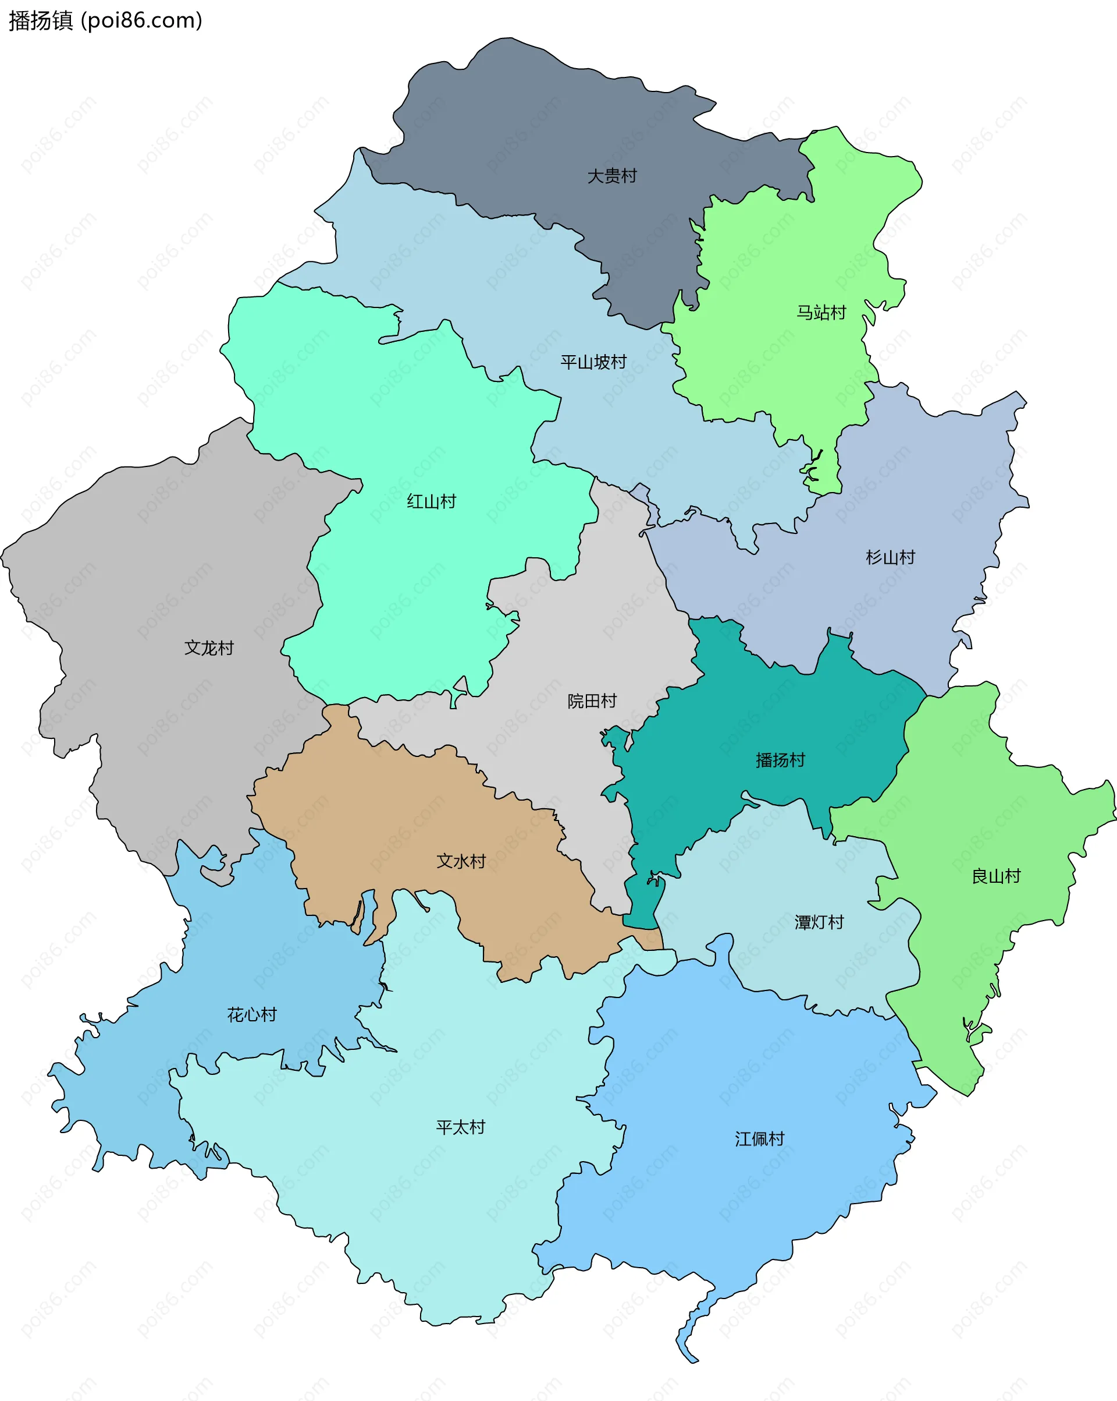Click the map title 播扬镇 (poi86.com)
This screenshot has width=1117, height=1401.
(x=105, y=21)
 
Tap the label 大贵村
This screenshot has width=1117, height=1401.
(x=612, y=176)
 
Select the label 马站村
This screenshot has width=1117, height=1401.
(x=821, y=313)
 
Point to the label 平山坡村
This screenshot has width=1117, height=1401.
(x=593, y=362)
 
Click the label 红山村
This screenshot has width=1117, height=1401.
(x=431, y=502)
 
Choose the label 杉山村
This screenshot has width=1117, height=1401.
(x=890, y=557)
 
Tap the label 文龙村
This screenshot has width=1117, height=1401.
(x=208, y=648)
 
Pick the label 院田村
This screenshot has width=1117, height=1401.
(x=592, y=701)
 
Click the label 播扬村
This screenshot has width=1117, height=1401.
(x=780, y=760)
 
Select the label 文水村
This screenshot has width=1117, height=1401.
(x=461, y=862)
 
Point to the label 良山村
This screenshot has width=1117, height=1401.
(x=995, y=876)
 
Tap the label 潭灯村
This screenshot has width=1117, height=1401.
(x=819, y=923)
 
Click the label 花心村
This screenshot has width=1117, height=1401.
(x=252, y=1015)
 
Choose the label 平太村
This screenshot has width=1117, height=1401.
(x=460, y=1127)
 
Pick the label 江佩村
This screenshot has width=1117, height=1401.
(x=759, y=1139)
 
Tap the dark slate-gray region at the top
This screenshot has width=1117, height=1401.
(x=520, y=130)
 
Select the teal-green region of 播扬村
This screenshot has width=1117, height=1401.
(x=747, y=715)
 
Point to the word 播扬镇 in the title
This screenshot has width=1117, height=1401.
(x=40, y=21)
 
